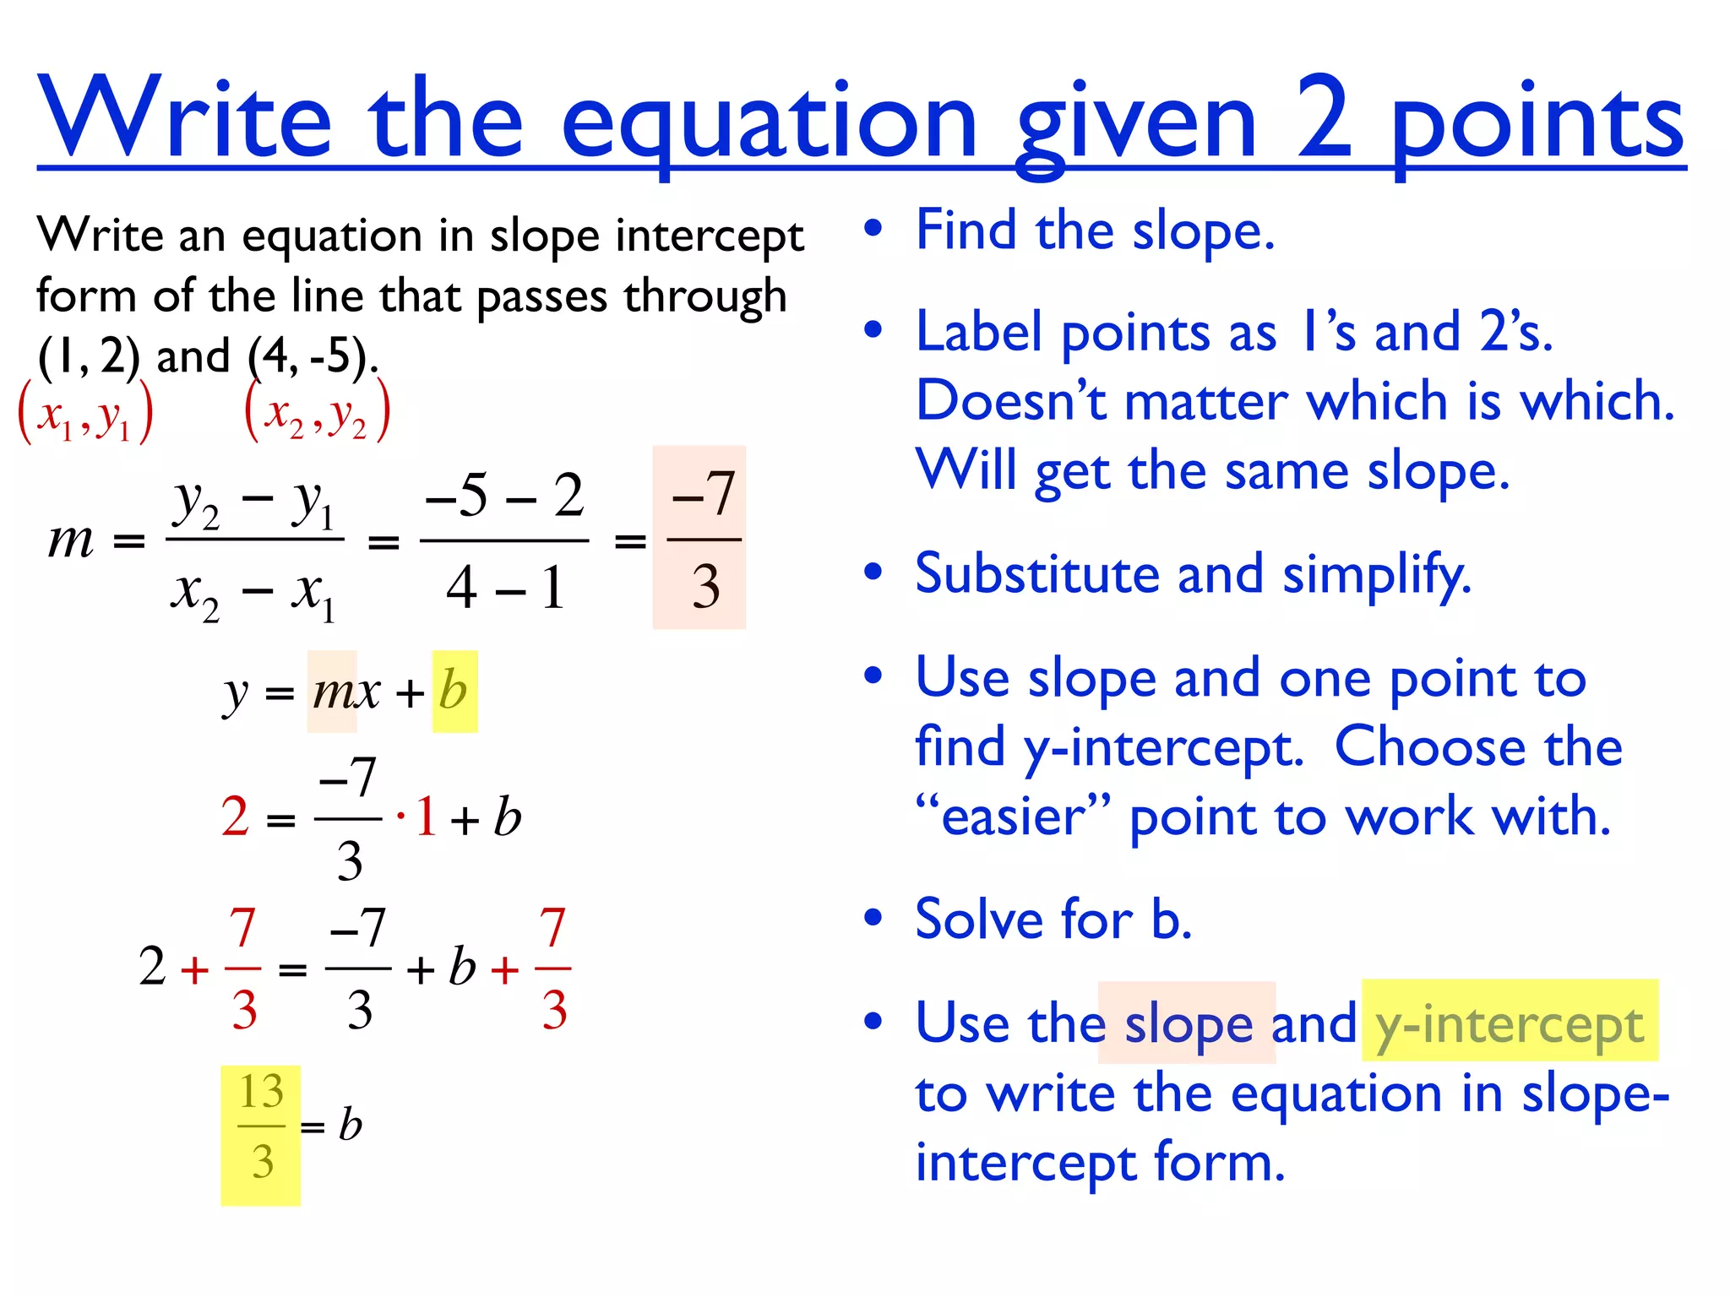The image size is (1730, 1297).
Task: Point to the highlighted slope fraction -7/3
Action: point(700,538)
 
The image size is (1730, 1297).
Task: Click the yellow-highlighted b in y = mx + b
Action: point(454,692)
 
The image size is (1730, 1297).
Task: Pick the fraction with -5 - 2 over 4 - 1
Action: point(504,540)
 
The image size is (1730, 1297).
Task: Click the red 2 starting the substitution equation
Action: point(235,817)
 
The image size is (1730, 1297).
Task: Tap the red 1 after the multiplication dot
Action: point(426,817)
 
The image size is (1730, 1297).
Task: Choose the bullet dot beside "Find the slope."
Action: point(873,230)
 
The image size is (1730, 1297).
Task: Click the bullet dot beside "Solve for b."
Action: point(873,918)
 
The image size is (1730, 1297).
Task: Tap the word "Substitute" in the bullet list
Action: point(1036,574)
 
